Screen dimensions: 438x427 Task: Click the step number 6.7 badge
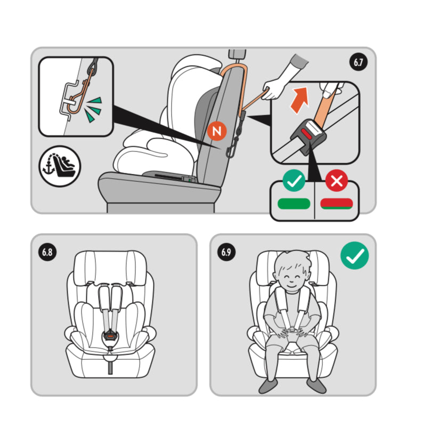(x=359, y=62)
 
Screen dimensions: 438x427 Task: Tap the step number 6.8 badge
(x=47, y=252)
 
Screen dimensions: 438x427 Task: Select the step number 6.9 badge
(x=226, y=252)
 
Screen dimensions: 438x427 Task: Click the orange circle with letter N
(x=217, y=131)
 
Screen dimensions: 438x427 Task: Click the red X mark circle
(x=337, y=181)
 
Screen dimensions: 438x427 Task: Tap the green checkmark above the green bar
(x=294, y=181)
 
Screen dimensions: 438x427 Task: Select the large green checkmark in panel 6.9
(x=355, y=255)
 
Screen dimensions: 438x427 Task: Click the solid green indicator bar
(x=294, y=204)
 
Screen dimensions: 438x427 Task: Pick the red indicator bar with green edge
(x=337, y=204)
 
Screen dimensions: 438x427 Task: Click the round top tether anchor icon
(x=60, y=166)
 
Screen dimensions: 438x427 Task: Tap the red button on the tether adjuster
(x=307, y=134)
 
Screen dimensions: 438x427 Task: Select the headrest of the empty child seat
(x=110, y=268)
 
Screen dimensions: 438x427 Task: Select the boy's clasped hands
(x=291, y=333)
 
